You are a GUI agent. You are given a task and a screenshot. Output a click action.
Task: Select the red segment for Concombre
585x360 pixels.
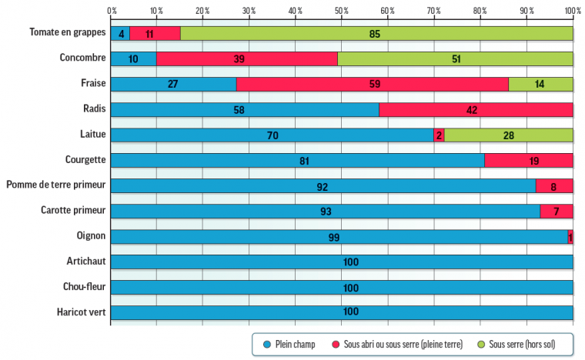coord(246,59)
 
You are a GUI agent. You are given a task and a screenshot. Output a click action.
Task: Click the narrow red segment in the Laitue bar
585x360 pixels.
coord(439,135)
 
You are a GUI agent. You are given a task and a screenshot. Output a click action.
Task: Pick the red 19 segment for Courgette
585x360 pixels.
coord(528,161)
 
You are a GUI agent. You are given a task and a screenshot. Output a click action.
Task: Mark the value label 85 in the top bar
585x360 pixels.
coord(375,34)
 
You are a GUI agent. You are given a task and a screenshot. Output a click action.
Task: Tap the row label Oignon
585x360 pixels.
coord(89,236)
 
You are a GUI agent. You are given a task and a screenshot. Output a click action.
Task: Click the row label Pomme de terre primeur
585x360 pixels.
coord(55,185)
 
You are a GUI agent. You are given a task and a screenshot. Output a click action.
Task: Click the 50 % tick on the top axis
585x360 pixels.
coord(342,12)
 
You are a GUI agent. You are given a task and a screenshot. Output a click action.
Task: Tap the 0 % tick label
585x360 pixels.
coord(112,12)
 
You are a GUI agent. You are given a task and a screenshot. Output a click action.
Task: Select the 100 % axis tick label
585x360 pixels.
coord(572,12)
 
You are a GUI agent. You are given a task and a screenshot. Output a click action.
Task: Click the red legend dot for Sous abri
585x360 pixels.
coord(336,343)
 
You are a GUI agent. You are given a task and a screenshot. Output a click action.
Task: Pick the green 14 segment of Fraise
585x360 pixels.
coord(540,85)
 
